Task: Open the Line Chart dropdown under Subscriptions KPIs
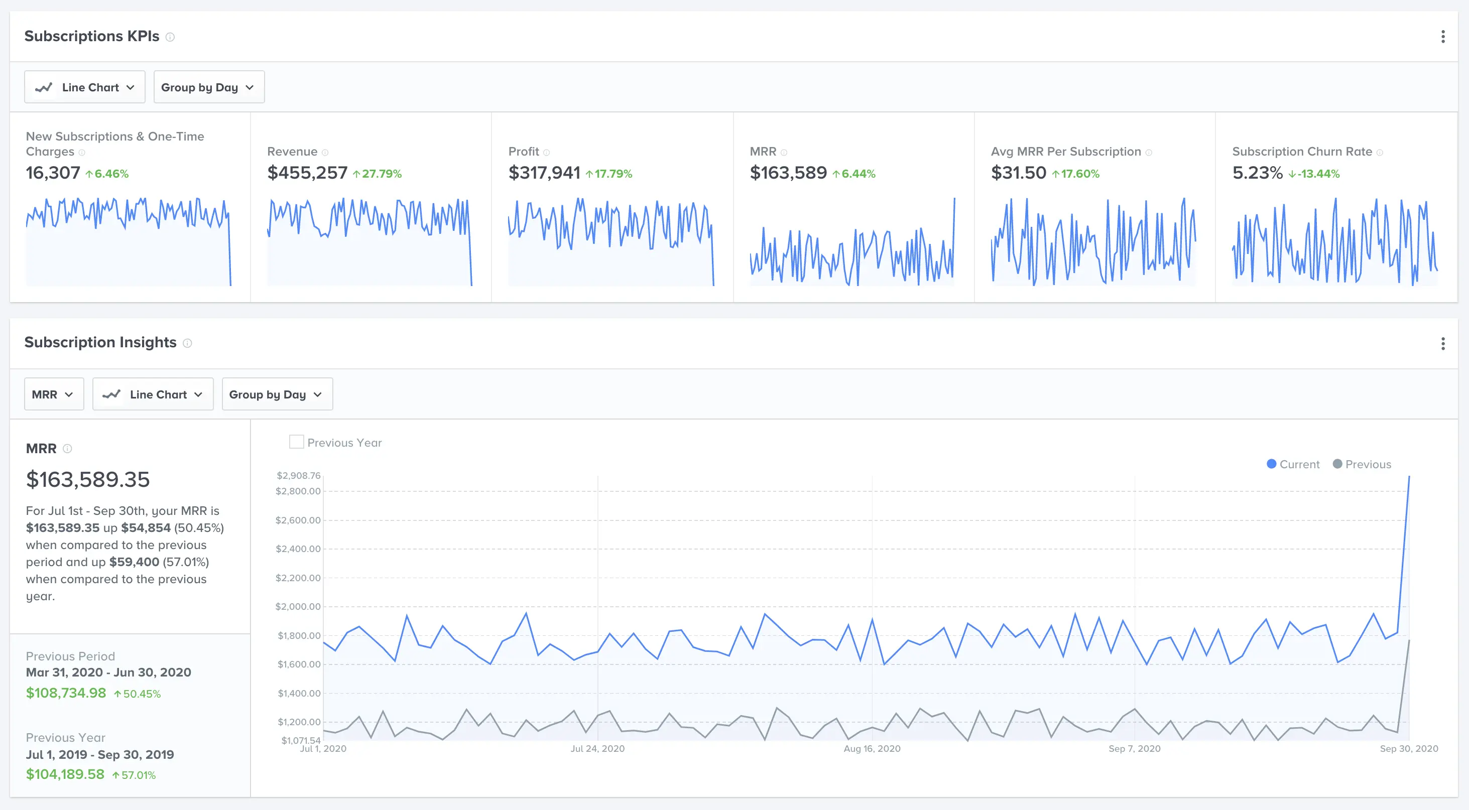pyautogui.click(x=84, y=87)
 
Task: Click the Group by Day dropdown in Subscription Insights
pyautogui.click(x=277, y=394)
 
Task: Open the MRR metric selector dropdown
pyautogui.click(x=54, y=394)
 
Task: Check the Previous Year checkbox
pyautogui.click(x=297, y=442)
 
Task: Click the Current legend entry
pyautogui.click(x=1293, y=464)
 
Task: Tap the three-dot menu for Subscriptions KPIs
pyautogui.click(x=1443, y=37)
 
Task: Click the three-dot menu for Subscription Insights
pyautogui.click(x=1443, y=344)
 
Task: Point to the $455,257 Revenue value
pyautogui.click(x=307, y=173)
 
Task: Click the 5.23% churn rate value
pyautogui.click(x=1257, y=173)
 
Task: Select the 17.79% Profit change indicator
pyautogui.click(x=609, y=174)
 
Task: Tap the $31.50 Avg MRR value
pyautogui.click(x=1019, y=173)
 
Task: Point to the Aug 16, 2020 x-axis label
pyautogui.click(x=872, y=748)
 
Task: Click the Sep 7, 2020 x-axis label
pyautogui.click(x=1134, y=748)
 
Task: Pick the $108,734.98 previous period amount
pyautogui.click(x=66, y=693)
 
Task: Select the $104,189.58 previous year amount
pyautogui.click(x=65, y=774)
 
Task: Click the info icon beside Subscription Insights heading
pyautogui.click(x=187, y=343)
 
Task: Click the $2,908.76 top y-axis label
pyautogui.click(x=298, y=475)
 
